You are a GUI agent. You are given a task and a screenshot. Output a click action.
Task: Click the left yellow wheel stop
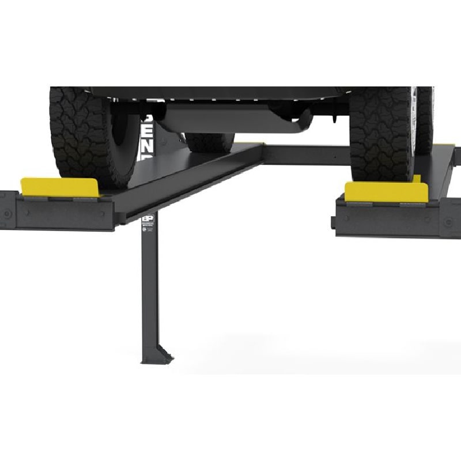60,187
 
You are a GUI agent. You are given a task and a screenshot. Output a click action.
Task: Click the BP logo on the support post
148,220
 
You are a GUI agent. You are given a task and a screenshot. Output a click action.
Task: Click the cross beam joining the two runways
305,154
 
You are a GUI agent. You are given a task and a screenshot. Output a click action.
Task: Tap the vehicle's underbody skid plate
231,118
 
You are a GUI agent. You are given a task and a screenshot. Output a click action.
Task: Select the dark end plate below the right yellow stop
386,220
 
